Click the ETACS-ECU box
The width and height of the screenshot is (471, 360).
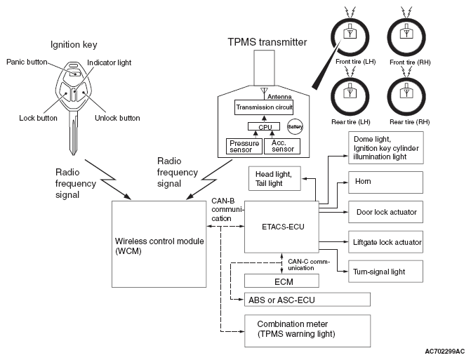point(281,227)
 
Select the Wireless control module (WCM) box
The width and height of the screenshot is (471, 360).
point(159,244)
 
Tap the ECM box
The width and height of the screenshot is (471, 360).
point(281,281)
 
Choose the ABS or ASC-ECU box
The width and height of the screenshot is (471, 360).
point(307,300)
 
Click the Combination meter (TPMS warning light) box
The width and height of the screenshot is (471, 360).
point(307,331)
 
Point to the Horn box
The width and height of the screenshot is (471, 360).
point(385,182)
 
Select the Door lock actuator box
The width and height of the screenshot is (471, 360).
point(385,212)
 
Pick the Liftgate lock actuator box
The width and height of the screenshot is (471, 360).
point(385,242)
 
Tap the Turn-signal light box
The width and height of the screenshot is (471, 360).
point(385,272)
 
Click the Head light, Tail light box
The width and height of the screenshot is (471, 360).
point(274,178)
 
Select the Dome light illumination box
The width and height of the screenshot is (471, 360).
point(385,148)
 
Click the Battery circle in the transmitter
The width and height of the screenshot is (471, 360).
point(295,127)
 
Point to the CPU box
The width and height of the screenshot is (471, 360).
point(264,126)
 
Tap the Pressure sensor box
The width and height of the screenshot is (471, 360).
point(244,146)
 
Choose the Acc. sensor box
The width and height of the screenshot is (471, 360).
point(282,146)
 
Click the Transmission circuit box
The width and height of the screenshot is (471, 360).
point(264,107)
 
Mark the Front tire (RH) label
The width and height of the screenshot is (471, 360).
point(410,62)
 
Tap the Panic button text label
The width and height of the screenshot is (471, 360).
point(27,62)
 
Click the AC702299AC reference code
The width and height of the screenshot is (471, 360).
point(444,352)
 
